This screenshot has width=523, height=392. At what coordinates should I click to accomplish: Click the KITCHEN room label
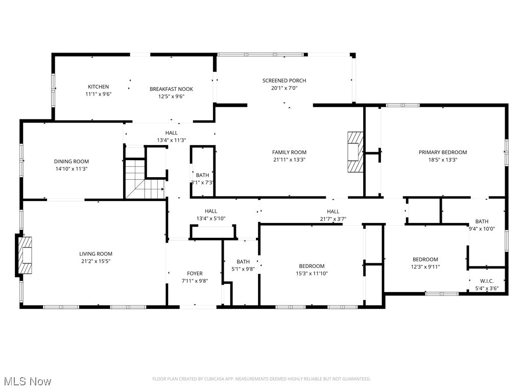coord(98,87)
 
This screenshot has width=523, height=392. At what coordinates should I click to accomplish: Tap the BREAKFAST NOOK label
coord(171,89)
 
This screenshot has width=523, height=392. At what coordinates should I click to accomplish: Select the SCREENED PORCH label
coord(284,81)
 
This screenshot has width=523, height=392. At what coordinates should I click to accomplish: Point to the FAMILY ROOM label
coord(289,152)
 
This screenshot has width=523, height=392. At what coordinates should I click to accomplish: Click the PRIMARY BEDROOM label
coord(443,152)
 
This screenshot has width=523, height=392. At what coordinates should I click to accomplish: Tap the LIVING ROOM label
coord(96,254)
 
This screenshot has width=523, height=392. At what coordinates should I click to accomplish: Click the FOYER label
coord(195,274)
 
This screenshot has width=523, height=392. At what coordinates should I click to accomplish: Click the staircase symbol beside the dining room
coord(136,179)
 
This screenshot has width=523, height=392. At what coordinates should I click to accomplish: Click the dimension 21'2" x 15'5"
coord(96,261)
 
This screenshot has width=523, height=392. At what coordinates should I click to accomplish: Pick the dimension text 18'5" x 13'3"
coord(443,159)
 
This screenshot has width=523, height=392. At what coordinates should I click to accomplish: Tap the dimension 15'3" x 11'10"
coord(312,273)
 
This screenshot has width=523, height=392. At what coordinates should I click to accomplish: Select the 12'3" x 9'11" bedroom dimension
coord(425,266)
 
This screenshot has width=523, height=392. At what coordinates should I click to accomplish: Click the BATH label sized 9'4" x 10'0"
coord(482,221)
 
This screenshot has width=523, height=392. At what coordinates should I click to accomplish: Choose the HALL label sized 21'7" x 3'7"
coord(333,211)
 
